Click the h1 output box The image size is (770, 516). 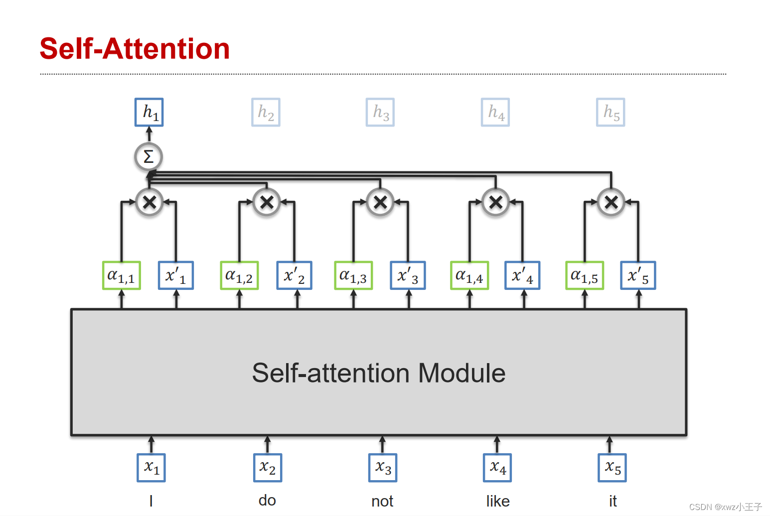tap(149, 112)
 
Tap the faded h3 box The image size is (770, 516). tap(380, 112)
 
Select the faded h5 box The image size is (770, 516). tap(611, 112)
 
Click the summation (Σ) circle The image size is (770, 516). tap(149, 157)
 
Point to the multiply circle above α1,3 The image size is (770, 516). tap(380, 202)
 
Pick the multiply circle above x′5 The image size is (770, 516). tap(611, 202)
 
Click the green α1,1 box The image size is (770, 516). tap(121, 275)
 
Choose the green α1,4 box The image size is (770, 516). tap(469, 275)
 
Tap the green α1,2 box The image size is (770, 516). tap(239, 275)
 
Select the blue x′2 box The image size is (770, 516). tap(295, 275)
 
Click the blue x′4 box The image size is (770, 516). tap(522, 275)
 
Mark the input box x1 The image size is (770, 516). tap(151, 468)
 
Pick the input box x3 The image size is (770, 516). tap(383, 468)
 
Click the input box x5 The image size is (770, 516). tap(612, 468)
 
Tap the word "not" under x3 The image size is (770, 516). tap(382, 501)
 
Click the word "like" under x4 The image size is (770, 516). tap(498, 501)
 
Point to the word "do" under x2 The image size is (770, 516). tap(267, 500)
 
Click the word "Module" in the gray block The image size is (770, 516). tap(462, 373)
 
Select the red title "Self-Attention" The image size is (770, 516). tap(135, 49)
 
